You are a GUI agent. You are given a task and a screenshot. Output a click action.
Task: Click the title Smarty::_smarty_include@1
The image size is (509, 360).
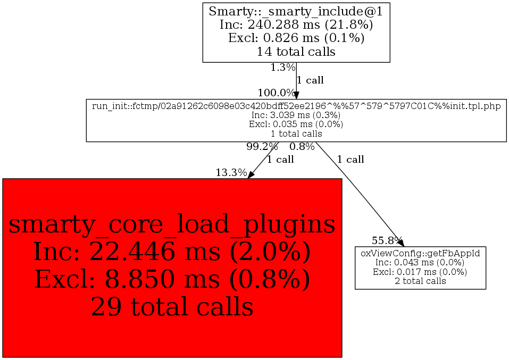click(x=296, y=11)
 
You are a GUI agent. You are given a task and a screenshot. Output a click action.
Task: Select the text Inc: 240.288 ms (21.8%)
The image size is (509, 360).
click(x=296, y=24)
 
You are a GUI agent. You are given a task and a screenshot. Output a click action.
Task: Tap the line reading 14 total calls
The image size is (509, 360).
click(x=296, y=52)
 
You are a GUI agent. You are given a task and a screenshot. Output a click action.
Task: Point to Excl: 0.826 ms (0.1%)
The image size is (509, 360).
click(x=296, y=38)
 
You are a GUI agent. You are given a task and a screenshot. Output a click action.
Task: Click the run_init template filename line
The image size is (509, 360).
click(x=296, y=106)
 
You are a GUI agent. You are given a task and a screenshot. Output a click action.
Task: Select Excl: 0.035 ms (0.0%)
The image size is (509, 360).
click(x=296, y=124)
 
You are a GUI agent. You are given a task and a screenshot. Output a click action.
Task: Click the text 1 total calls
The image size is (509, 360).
click(x=296, y=133)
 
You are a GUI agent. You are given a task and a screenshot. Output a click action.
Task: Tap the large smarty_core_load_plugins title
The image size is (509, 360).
click(x=172, y=224)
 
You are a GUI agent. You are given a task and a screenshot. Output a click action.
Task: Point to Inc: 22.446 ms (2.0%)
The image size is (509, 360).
click(x=172, y=251)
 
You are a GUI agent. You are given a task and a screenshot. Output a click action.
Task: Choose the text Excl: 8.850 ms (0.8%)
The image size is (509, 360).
click(x=172, y=279)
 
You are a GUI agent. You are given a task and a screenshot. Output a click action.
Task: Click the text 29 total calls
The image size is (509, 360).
click(x=172, y=306)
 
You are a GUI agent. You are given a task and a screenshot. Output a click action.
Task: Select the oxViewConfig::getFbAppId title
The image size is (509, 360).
click(x=420, y=253)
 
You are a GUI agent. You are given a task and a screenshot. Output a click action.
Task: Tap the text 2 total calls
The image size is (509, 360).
click(x=420, y=281)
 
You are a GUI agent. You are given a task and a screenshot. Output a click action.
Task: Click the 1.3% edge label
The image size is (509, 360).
click(x=282, y=68)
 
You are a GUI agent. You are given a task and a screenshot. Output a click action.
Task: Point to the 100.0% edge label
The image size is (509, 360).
click(x=276, y=93)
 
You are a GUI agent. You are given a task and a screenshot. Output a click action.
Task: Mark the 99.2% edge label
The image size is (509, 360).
click(x=262, y=146)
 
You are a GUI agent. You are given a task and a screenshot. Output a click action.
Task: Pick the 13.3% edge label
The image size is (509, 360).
click(x=231, y=172)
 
